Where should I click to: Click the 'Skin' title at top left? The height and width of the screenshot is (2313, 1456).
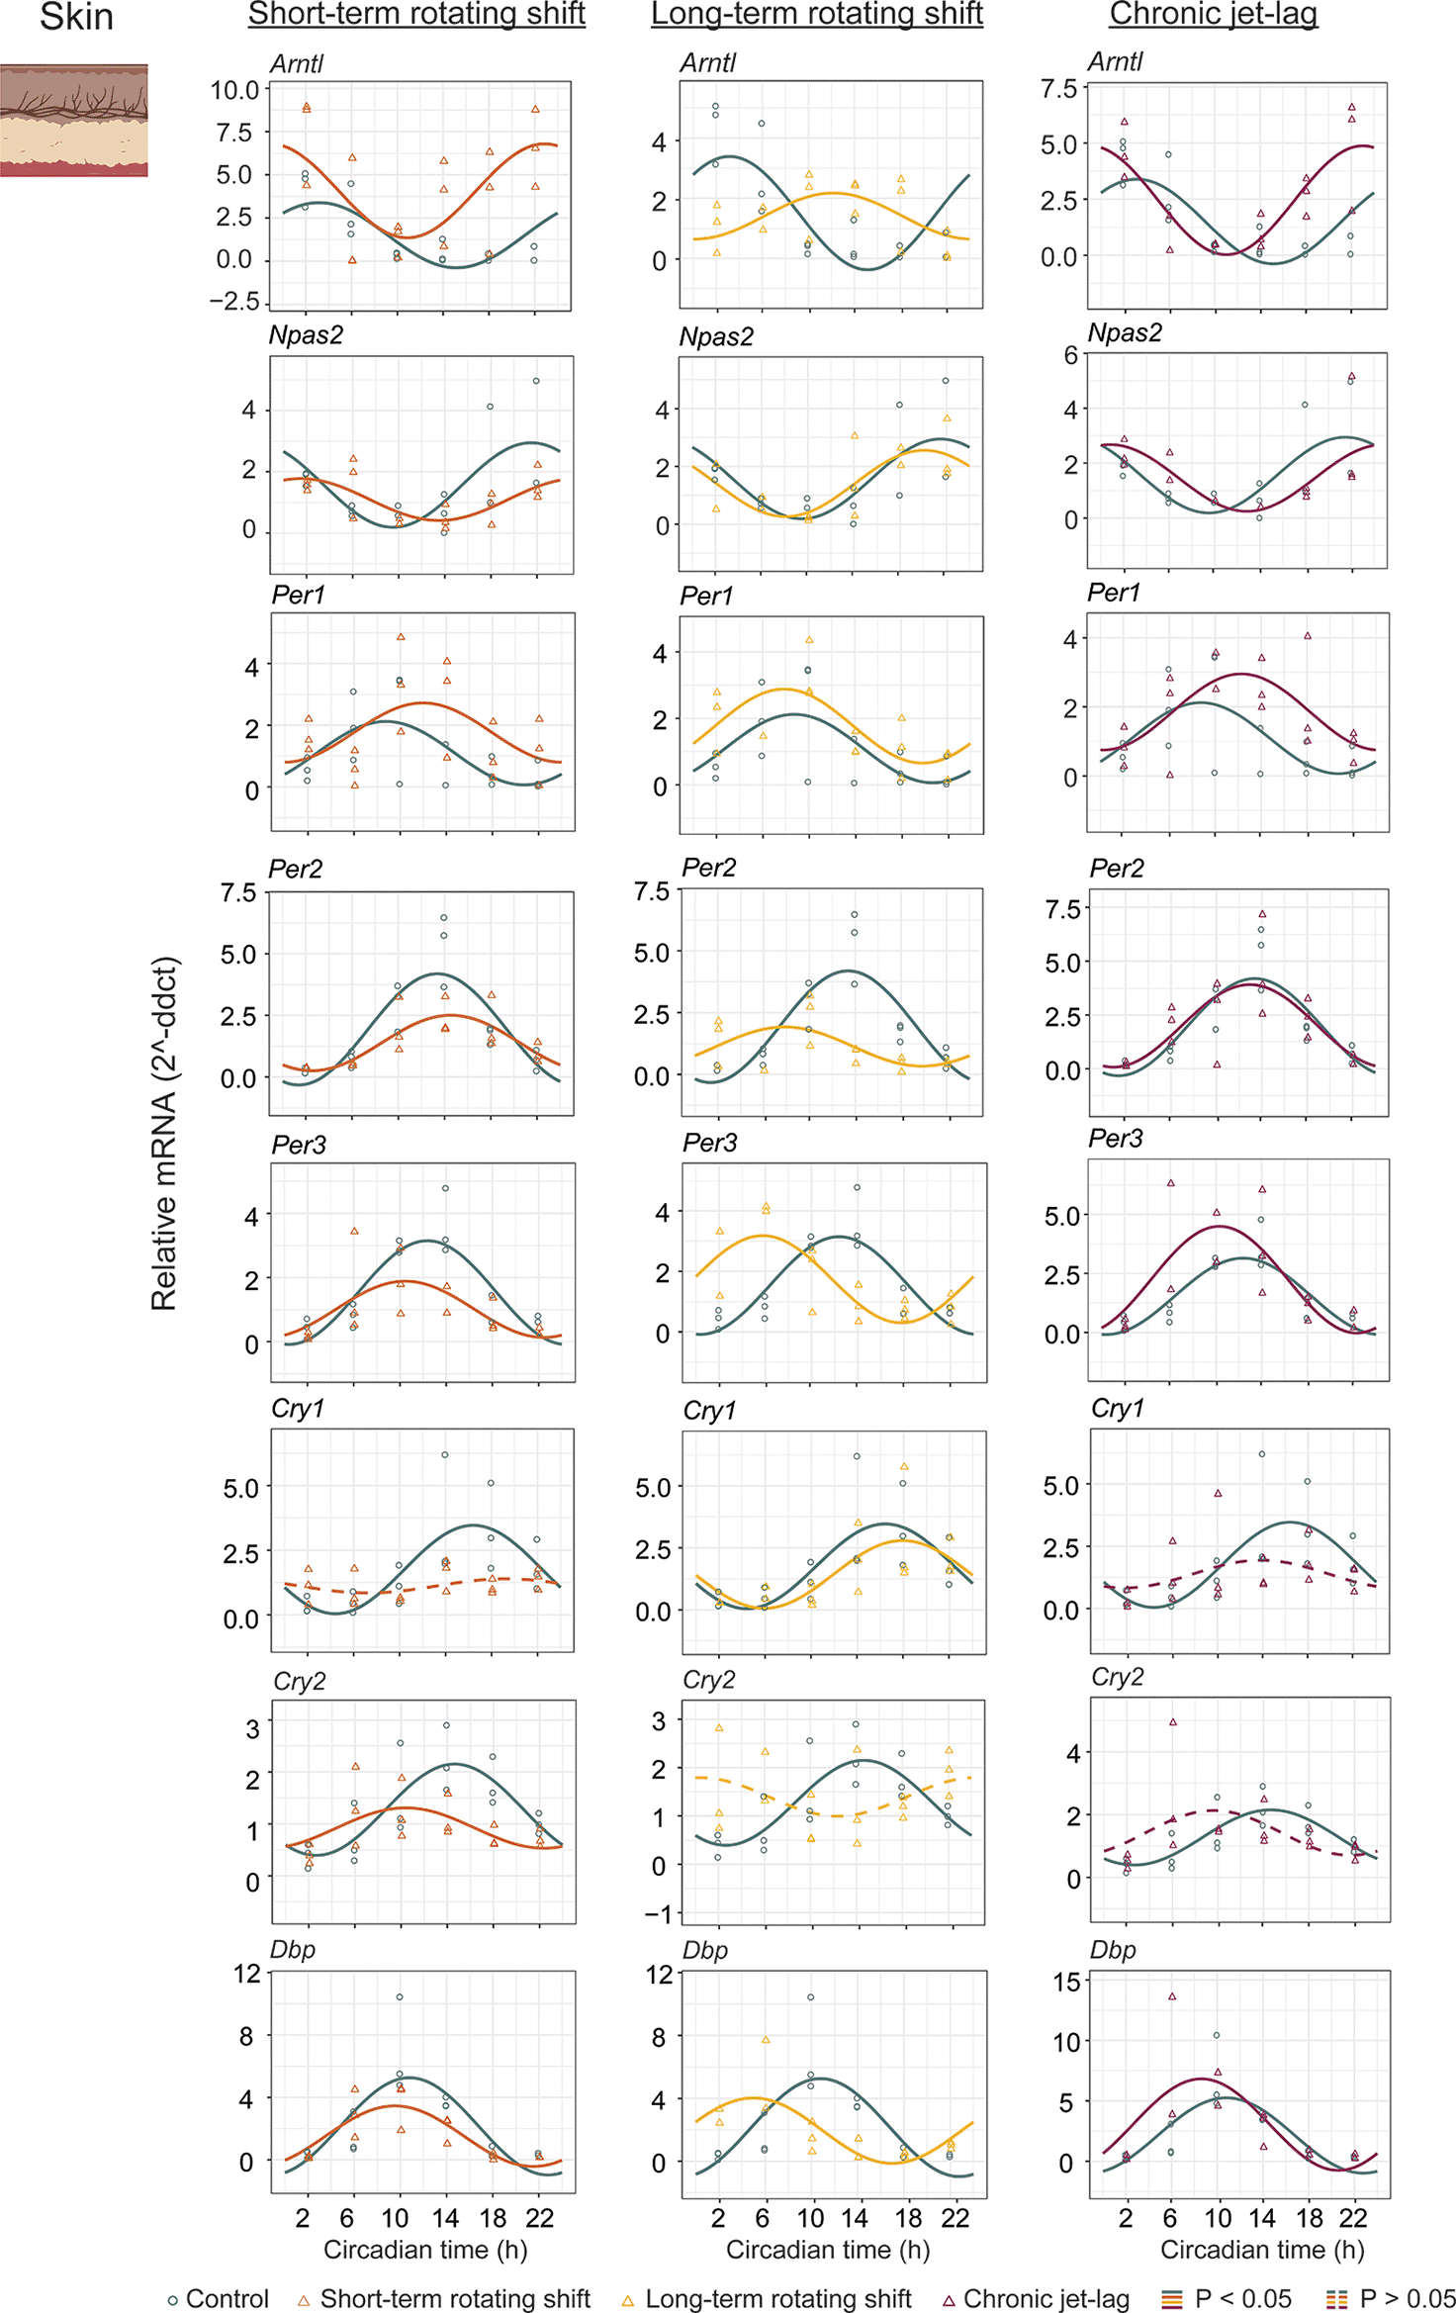click(x=76, y=17)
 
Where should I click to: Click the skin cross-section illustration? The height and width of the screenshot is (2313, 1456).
click(x=73, y=121)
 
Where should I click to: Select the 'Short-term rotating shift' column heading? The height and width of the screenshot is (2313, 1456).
click(x=416, y=14)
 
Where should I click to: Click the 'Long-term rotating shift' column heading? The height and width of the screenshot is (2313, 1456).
click(x=816, y=14)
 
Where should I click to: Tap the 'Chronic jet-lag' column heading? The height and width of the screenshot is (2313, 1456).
click(x=1213, y=14)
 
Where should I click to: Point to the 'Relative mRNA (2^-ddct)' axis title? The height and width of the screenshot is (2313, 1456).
click(x=164, y=1134)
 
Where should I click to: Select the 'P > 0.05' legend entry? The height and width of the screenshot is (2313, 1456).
click(x=1390, y=2297)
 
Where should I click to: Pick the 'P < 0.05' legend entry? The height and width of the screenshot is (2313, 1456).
click(x=1227, y=2297)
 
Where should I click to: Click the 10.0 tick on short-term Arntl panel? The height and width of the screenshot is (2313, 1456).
click(x=234, y=90)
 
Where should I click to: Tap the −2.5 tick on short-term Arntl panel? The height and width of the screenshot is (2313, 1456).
click(x=234, y=301)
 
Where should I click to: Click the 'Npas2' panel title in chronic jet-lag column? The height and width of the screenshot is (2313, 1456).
click(x=1125, y=333)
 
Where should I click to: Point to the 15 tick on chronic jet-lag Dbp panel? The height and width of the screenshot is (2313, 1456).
click(x=1066, y=1982)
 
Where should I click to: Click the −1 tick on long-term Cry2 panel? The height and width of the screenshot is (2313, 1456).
click(x=658, y=1914)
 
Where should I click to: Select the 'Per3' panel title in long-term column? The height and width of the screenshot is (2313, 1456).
click(x=710, y=1144)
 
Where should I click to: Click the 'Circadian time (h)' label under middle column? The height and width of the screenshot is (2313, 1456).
click(x=828, y=2250)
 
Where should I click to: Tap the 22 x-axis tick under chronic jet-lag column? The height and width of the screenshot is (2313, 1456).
click(x=1352, y=2218)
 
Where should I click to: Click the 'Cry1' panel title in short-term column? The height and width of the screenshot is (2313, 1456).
click(x=298, y=1409)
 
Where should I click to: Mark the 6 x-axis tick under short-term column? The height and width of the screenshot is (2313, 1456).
click(x=347, y=2218)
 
